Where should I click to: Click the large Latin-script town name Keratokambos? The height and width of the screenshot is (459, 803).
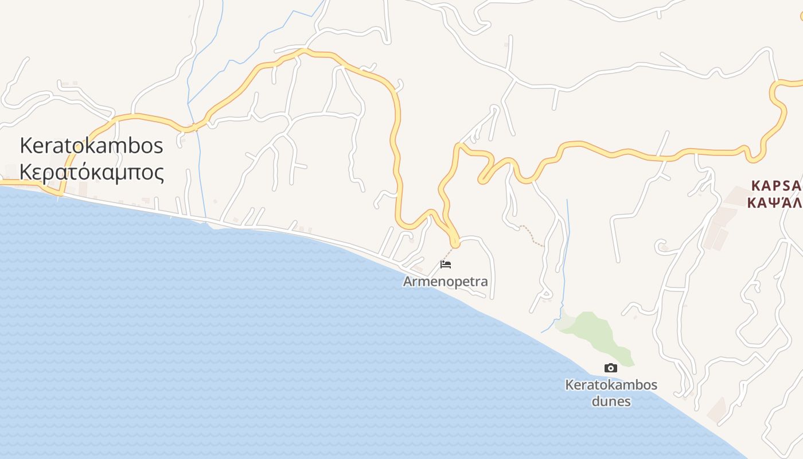pos(92,146)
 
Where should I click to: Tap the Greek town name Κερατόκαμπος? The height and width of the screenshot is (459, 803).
pos(92,172)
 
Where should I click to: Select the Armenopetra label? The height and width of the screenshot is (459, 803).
pos(445,282)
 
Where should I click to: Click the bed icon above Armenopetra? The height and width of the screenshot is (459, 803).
pos(446,264)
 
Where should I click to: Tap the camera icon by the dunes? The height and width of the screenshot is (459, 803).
pos(611,368)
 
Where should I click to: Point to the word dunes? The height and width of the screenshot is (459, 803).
pos(611,401)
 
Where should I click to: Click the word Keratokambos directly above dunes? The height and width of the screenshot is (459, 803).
pos(611,384)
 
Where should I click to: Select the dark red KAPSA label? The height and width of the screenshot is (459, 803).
pos(776,186)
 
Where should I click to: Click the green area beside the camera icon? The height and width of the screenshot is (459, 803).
pos(597,333)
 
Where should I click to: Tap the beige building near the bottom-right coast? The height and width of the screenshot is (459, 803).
pos(717,409)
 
